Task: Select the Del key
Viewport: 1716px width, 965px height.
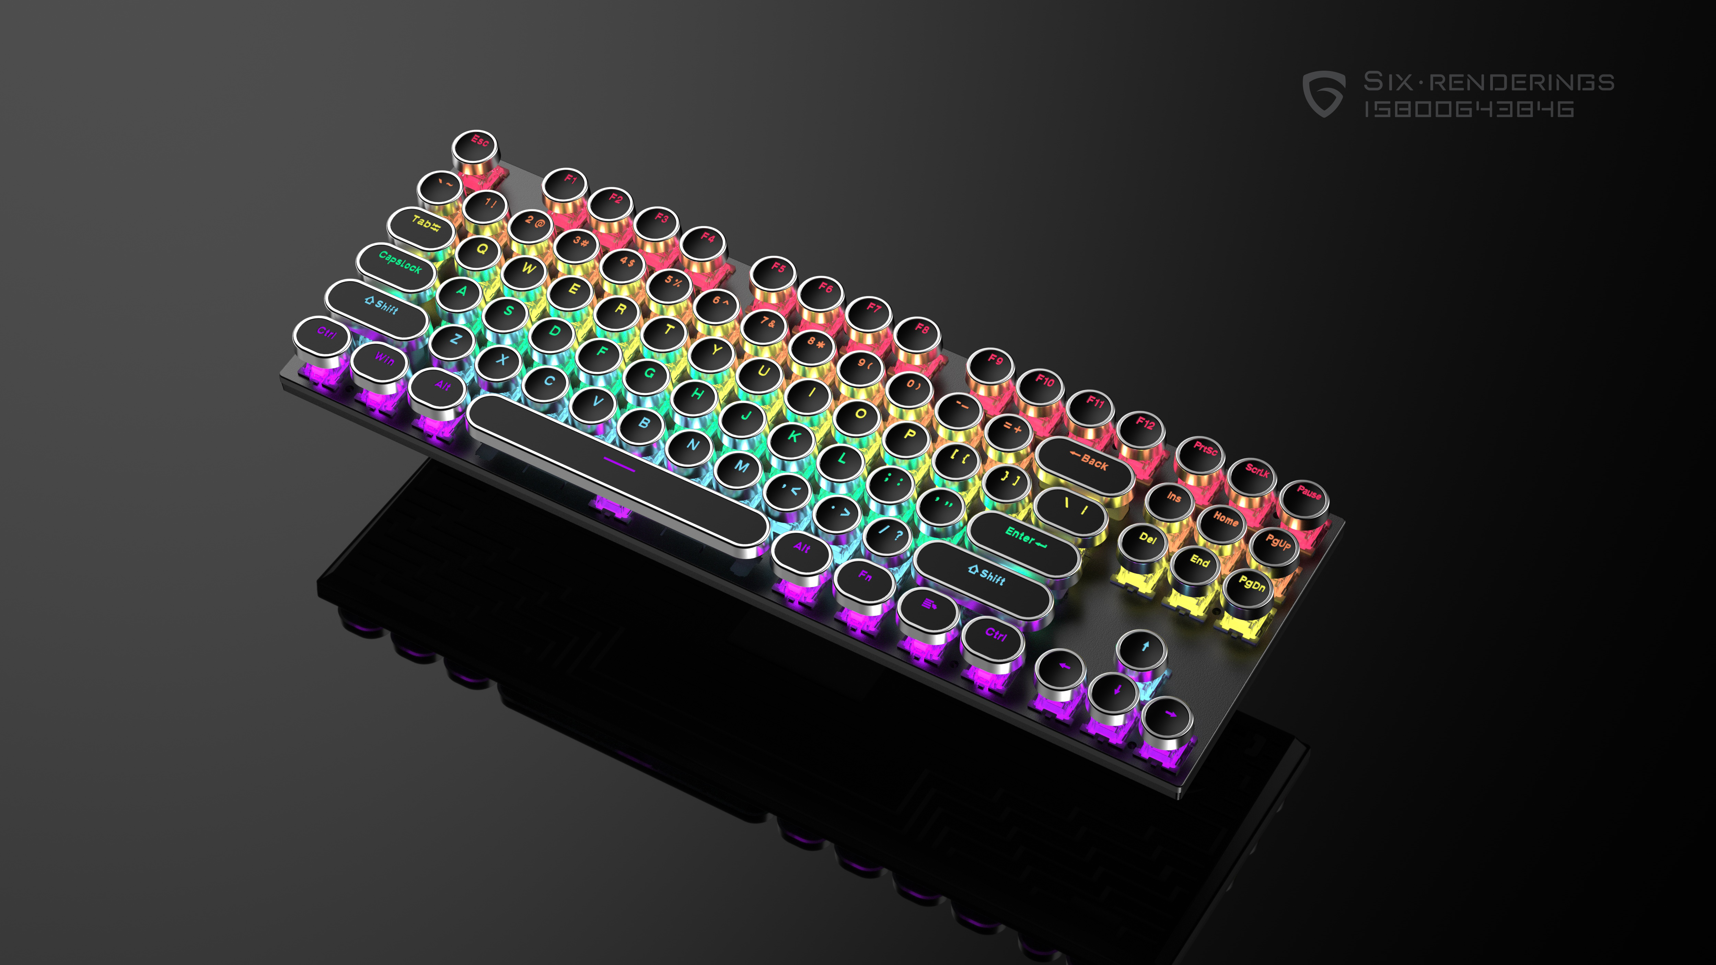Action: tap(1146, 539)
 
